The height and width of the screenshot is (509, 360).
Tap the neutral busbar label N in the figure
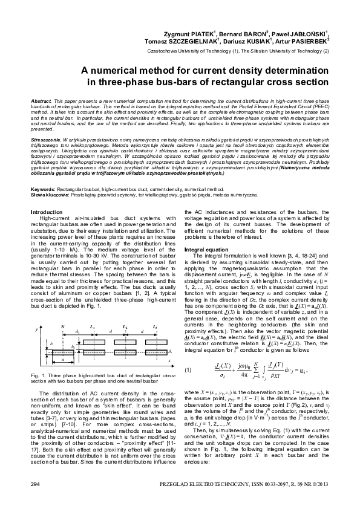62,326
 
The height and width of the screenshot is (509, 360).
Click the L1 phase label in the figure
93,326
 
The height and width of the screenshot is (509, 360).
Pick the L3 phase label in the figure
155,326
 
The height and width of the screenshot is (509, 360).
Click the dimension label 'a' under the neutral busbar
63,359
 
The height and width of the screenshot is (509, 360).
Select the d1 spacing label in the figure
78,331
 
